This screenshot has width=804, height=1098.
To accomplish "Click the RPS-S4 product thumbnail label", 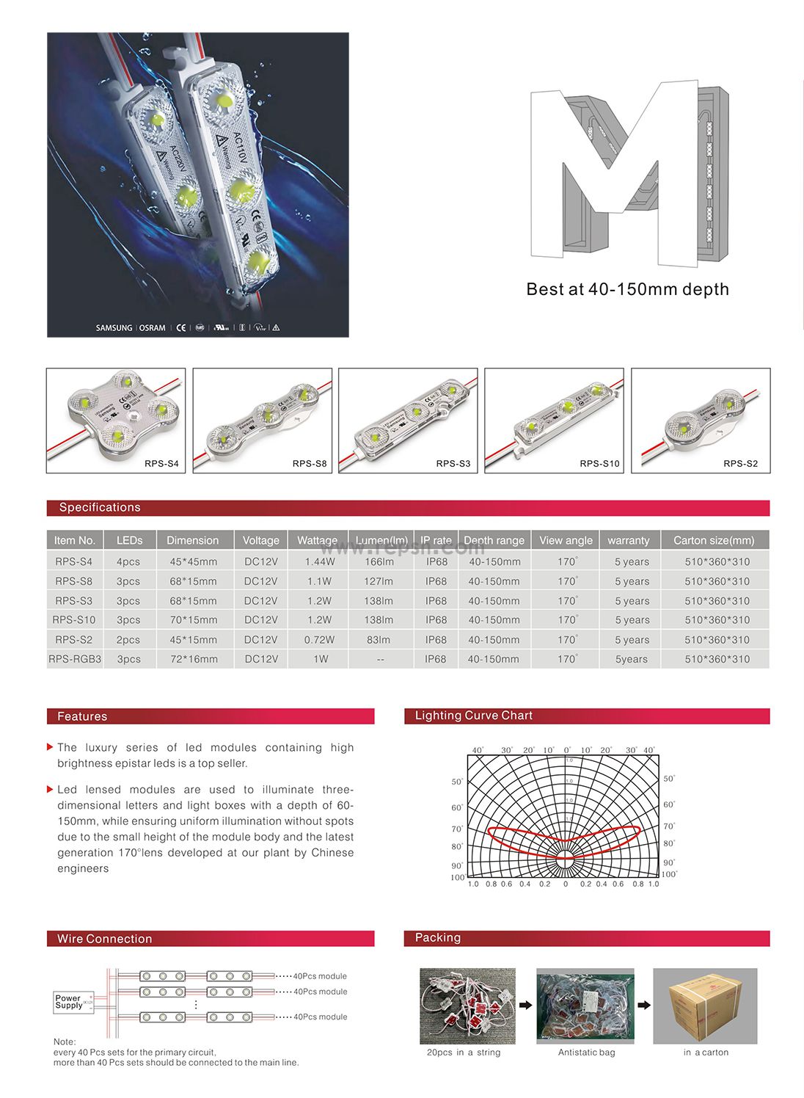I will coord(161,464).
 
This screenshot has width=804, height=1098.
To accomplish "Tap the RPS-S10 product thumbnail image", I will coord(554,420).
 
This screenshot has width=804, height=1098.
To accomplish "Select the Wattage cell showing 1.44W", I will coord(320,561).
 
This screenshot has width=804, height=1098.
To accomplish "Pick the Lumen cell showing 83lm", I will coord(379,640).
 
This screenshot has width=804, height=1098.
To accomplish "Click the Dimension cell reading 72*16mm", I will coord(194,659).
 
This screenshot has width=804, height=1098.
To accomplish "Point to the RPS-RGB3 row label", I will coord(75,659).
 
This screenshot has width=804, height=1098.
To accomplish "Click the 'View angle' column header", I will coord(566,540).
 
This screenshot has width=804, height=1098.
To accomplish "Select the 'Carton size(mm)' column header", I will coord(714,540).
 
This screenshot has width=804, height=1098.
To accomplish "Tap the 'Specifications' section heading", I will coord(100,508).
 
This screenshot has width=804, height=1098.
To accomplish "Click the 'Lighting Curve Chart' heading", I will coord(474,716).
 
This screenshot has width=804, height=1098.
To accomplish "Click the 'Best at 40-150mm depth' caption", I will coord(627,289).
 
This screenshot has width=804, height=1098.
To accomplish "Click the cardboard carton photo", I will coord(705,1006).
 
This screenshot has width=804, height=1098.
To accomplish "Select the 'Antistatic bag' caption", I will coord(586,1052).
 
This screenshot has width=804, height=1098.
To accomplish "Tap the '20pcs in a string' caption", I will coord(464,1052).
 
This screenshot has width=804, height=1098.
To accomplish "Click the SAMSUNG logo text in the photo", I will coord(114,328).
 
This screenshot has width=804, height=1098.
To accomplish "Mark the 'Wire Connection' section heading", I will coord(105,939).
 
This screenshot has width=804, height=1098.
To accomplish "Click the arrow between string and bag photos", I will coord(526,1006).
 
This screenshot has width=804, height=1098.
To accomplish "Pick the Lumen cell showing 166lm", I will coord(379,561).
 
